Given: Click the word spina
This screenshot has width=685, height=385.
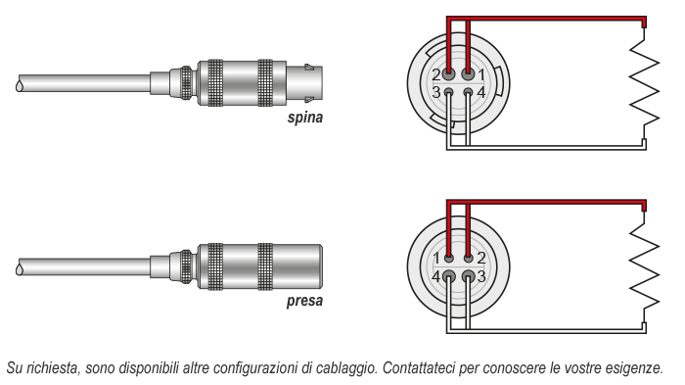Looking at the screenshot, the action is point(305,118).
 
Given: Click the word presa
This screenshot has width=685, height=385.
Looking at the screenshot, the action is point(304,301).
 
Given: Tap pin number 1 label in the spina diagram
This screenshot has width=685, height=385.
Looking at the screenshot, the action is point(481,75).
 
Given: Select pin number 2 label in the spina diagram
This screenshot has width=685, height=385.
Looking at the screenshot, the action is point(436,75).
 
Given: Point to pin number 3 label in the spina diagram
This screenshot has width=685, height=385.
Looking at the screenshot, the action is point(436,93).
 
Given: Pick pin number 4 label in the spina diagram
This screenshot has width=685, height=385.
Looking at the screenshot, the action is point(481,93).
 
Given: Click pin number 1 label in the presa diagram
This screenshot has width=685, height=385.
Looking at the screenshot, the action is point(436,259).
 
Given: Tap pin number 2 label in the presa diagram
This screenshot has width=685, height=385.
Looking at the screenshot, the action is point(481,259).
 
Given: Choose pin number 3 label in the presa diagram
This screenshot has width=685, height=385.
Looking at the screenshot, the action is point(481,276).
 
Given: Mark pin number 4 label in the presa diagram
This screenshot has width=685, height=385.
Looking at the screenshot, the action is point(436,276).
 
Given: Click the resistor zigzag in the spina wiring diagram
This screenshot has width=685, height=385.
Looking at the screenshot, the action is point(644,83).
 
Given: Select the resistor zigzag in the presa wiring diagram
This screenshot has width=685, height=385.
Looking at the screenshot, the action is point(644,266).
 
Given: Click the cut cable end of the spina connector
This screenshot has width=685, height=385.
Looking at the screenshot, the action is point(20,83).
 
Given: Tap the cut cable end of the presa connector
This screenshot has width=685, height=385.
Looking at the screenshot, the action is point(20,266).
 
